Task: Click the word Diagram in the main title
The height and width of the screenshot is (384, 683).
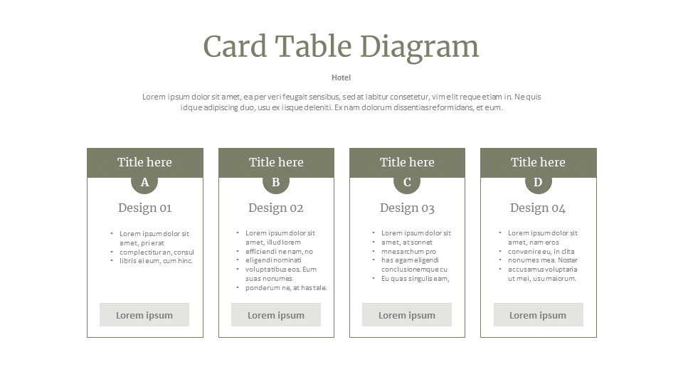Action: click(x=420, y=48)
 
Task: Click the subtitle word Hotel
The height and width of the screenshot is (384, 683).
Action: click(x=341, y=78)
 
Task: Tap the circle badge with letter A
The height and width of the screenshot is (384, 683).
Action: click(x=144, y=181)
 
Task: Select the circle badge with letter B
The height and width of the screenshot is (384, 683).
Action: click(x=276, y=181)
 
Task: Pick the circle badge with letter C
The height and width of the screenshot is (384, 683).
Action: click(x=407, y=181)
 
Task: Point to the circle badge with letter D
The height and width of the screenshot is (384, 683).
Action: click(x=539, y=181)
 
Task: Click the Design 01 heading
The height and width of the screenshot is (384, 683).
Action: click(x=145, y=208)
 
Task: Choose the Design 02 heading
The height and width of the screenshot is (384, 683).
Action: click(x=276, y=208)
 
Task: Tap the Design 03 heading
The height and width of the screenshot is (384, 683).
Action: click(x=407, y=208)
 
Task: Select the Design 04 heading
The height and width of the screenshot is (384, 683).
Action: click(x=538, y=208)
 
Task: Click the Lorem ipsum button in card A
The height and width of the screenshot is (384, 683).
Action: click(x=144, y=315)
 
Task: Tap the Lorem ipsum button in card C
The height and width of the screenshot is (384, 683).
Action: click(x=407, y=315)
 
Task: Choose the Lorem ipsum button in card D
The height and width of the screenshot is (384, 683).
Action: click(x=539, y=315)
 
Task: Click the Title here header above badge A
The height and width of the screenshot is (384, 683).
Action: click(x=145, y=162)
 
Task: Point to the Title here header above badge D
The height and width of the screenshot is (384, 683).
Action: click(x=539, y=162)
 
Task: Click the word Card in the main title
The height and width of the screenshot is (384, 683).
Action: click(x=235, y=47)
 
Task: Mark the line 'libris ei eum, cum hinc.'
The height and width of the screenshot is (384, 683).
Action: click(x=156, y=261)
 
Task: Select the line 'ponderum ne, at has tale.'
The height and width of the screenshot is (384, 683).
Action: click(x=286, y=288)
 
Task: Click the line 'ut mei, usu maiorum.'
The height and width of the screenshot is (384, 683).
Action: click(x=542, y=279)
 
